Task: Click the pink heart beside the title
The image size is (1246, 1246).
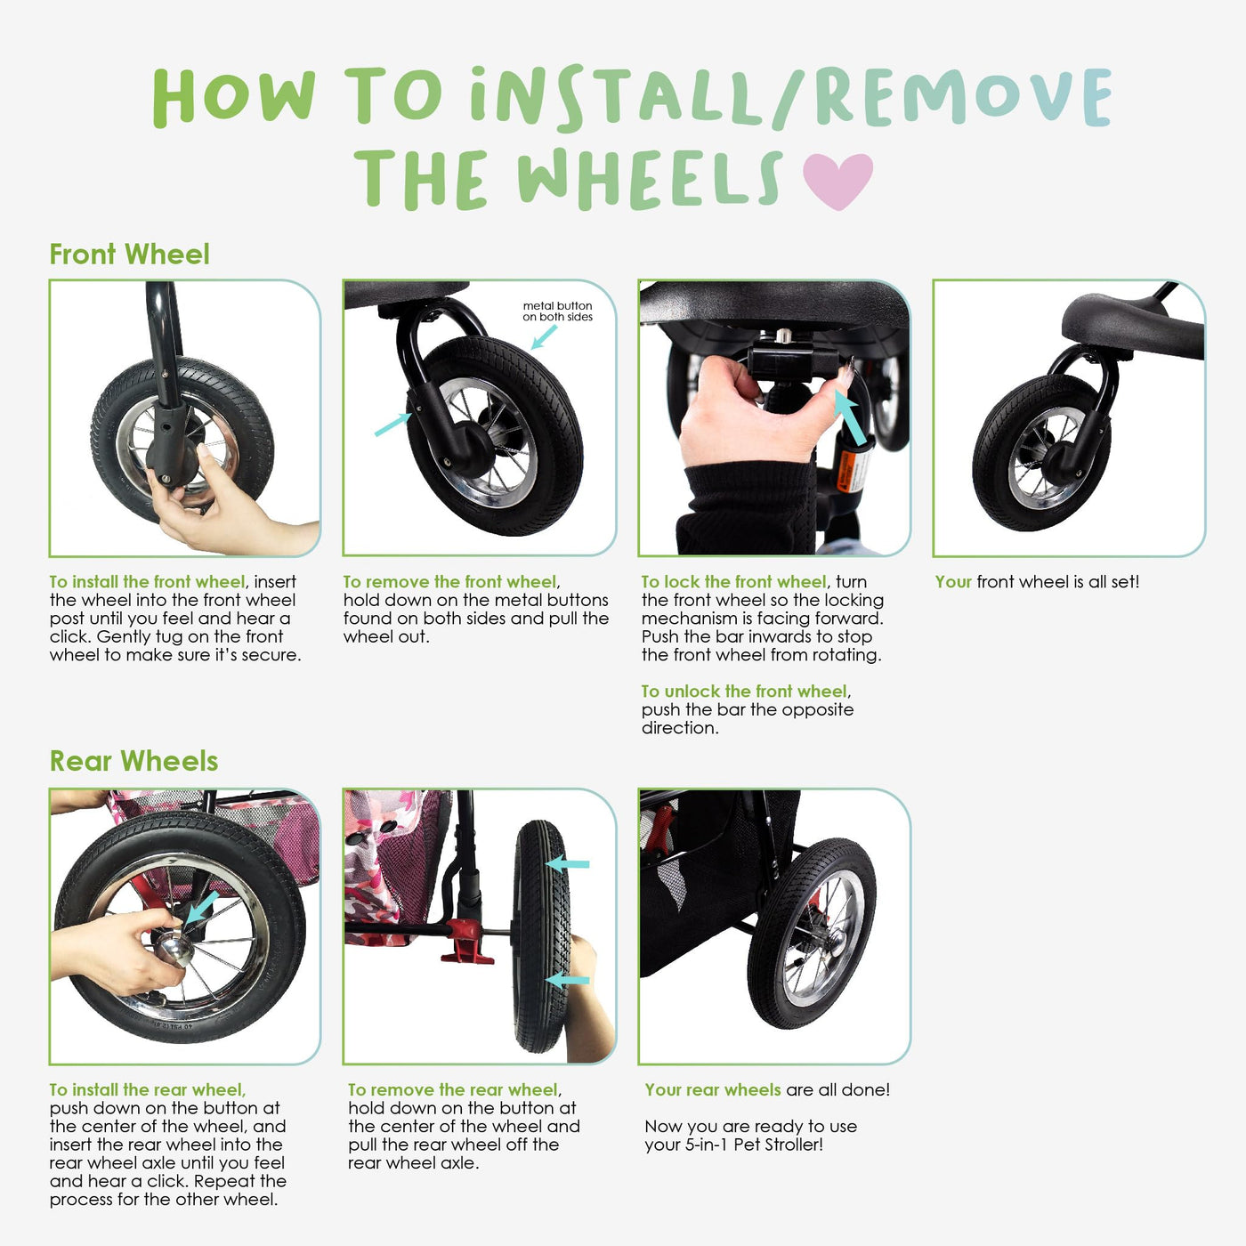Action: coord(837,181)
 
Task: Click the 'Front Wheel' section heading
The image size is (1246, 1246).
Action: coord(129,255)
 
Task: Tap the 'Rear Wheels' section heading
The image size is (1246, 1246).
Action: coord(133,761)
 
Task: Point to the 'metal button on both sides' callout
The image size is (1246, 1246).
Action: coord(557,311)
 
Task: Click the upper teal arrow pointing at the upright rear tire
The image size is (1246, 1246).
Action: coord(568,864)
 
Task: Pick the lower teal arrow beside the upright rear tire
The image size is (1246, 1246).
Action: coord(568,980)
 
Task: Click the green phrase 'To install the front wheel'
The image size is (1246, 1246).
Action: coord(148,582)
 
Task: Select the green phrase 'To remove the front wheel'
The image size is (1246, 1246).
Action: coord(450,582)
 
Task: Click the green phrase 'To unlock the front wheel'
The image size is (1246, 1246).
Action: coord(744,692)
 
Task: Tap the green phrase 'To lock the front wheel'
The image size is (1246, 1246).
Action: coord(734,582)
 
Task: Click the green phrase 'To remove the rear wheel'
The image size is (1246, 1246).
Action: coord(453,1090)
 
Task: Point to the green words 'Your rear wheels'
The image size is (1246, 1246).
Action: coord(713,1090)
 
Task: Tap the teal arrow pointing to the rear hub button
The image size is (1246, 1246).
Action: coord(202,907)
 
